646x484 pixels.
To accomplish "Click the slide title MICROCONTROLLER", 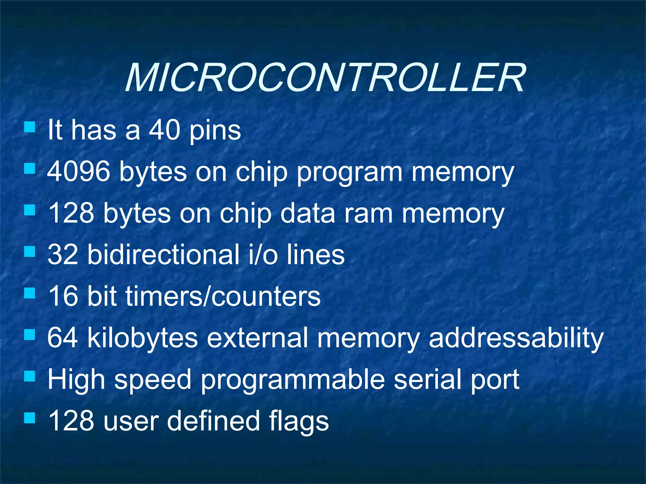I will [325, 78].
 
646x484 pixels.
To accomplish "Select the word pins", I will [215, 131].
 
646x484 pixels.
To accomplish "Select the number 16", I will [63, 296].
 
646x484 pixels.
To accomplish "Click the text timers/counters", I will [223, 296].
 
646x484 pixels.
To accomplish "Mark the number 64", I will [63, 338].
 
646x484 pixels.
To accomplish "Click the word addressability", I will [516, 338].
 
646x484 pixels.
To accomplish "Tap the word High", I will [76, 380].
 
